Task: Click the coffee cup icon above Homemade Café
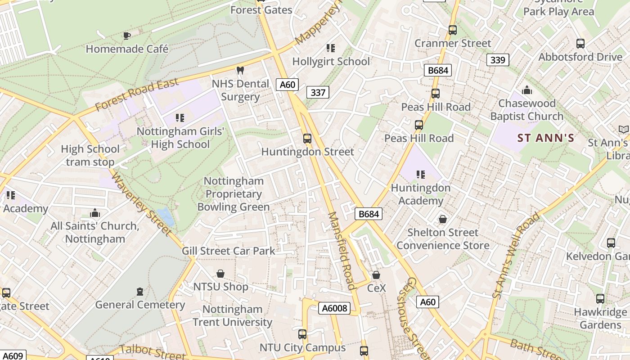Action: click(x=127, y=36)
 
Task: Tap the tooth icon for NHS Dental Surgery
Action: click(x=240, y=71)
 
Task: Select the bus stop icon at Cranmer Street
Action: click(x=453, y=30)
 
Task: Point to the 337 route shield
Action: click(x=318, y=93)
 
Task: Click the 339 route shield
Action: click(x=498, y=60)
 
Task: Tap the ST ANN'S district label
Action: click(x=546, y=138)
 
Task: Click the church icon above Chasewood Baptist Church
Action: click(x=527, y=90)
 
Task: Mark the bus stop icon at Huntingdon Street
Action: click(x=307, y=139)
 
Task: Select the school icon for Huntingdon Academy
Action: click(x=421, y=174)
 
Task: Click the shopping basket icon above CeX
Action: click(x=376, y=274)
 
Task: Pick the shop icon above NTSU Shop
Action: click(x=220, y=274)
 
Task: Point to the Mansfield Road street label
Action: click(x=342, y=251)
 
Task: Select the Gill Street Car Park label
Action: click(x=228, y=251)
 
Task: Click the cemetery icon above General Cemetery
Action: click(x=140, y=292)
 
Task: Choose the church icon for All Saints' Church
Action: click(x=95, y=213)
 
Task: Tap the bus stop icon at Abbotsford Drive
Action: click(x=580, y=44)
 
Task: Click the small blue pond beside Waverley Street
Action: click(x=166, y=216)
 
